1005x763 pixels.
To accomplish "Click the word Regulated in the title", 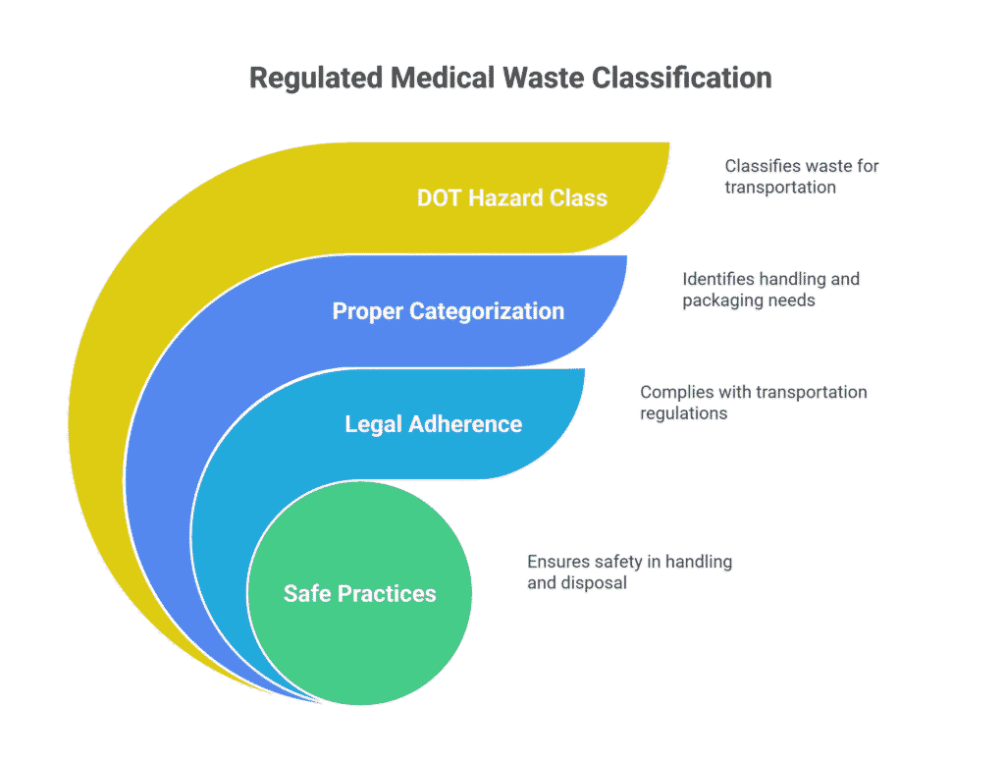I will [305, 79].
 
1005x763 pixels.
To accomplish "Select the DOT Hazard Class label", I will [511, 197].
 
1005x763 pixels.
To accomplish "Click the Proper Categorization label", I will [448, 311].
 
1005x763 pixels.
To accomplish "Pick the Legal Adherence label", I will [433, 424].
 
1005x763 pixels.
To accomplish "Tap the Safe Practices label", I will [359, 593].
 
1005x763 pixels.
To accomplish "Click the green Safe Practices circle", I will [359, 638].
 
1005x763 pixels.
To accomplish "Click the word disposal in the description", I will [594, 583].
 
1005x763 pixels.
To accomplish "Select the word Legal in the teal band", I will [372, 424].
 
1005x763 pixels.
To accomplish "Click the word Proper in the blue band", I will [366, 311].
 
